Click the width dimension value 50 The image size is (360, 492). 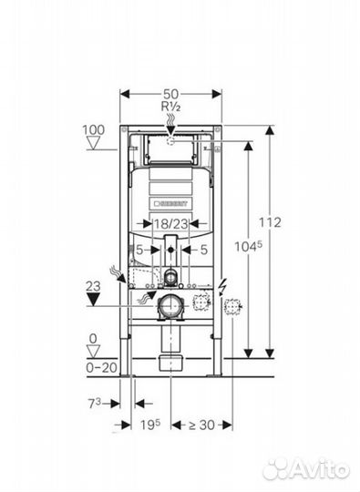tap(170, 94)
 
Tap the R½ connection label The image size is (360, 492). tap(170, 107)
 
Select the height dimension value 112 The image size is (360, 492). tap(270, 222)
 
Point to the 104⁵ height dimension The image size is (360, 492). tap(248, 247)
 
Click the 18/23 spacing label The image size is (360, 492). tap(170, 224)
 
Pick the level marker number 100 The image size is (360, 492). tap(93, 130)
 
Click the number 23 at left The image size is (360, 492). tap(93, 286)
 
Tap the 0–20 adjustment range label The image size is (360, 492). tap(102, 367)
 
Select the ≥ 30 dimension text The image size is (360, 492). tap(201, 425)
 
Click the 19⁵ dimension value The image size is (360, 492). tap(150, 425)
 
